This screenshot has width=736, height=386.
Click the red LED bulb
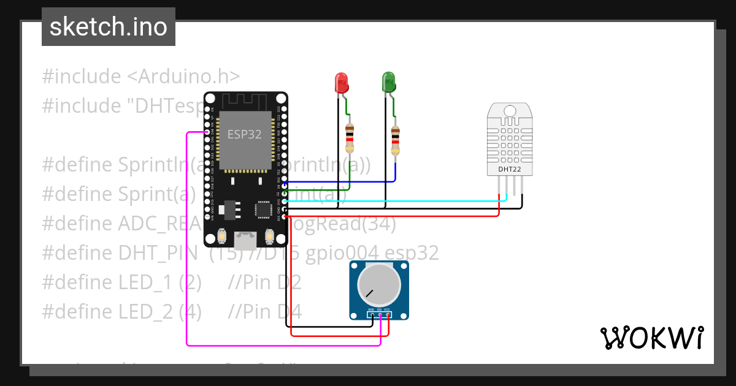(x=341, y=82)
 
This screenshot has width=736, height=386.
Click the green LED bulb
(x=388, y=81)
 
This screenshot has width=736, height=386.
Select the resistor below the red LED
(x=350, y=138)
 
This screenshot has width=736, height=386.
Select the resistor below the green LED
(x=395, y=140)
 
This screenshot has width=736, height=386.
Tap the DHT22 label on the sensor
(x=510, y=168)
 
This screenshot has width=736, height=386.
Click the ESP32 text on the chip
(x=245, y=135)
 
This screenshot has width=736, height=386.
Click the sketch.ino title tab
(x=109, y=27)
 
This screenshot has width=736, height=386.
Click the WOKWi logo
(x=651, y=338)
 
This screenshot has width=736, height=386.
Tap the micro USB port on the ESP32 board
(x=246, y=240)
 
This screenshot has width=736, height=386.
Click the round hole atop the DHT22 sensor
(x=510, y=111)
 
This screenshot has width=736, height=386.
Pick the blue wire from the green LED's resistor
(x=343, y=182)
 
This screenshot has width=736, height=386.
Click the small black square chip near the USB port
(x=264, y=209)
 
